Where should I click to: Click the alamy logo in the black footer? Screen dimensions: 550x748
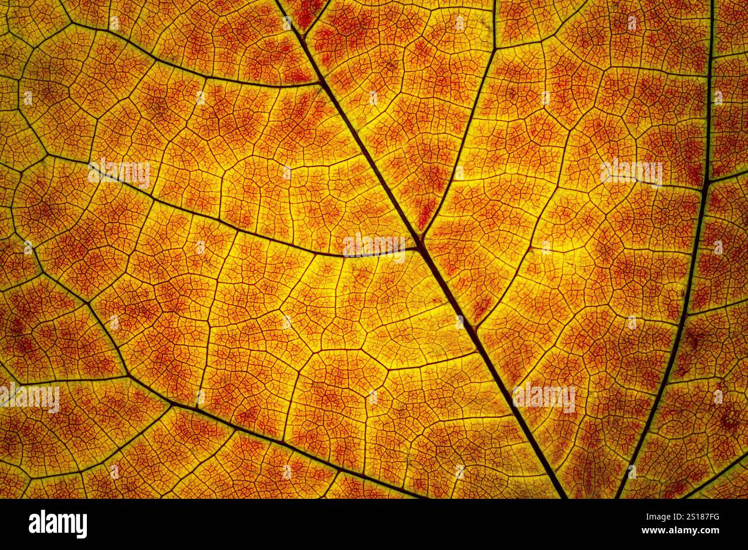coord(58,524)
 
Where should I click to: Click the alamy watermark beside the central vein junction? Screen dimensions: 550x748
coord(374,246)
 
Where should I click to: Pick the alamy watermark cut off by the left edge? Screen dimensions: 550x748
coord(29,398)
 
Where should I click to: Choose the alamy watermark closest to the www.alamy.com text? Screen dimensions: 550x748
coord(544,397)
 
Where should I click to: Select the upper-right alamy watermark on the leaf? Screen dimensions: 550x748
coord(631,171)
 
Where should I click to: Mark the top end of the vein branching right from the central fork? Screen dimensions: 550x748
coord(495,2)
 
